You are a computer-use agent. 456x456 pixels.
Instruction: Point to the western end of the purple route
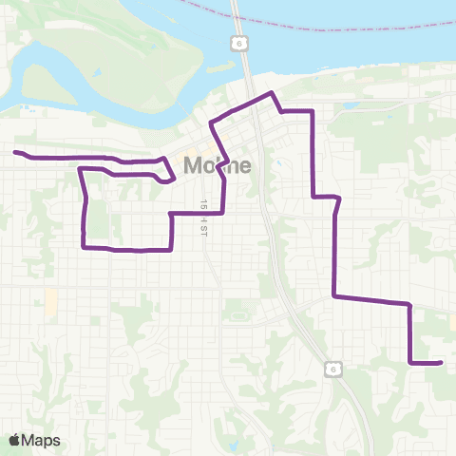coord(14,152)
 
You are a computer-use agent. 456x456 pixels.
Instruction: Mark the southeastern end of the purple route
coord(442,362)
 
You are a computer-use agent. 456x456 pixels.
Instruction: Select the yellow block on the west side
coord(50,301)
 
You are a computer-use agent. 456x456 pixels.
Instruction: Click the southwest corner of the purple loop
coord(85,247)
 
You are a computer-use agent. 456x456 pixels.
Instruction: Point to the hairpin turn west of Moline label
coord(174,174)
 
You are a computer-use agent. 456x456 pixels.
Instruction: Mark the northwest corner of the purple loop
coord(79,169)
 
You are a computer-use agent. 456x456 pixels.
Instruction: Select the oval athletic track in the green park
coord(237,314)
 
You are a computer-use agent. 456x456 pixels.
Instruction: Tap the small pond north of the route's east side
coord(351,104)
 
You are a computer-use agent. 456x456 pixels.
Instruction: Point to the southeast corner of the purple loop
coord(170,250)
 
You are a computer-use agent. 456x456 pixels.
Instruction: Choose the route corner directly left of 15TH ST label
coord(170,214)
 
